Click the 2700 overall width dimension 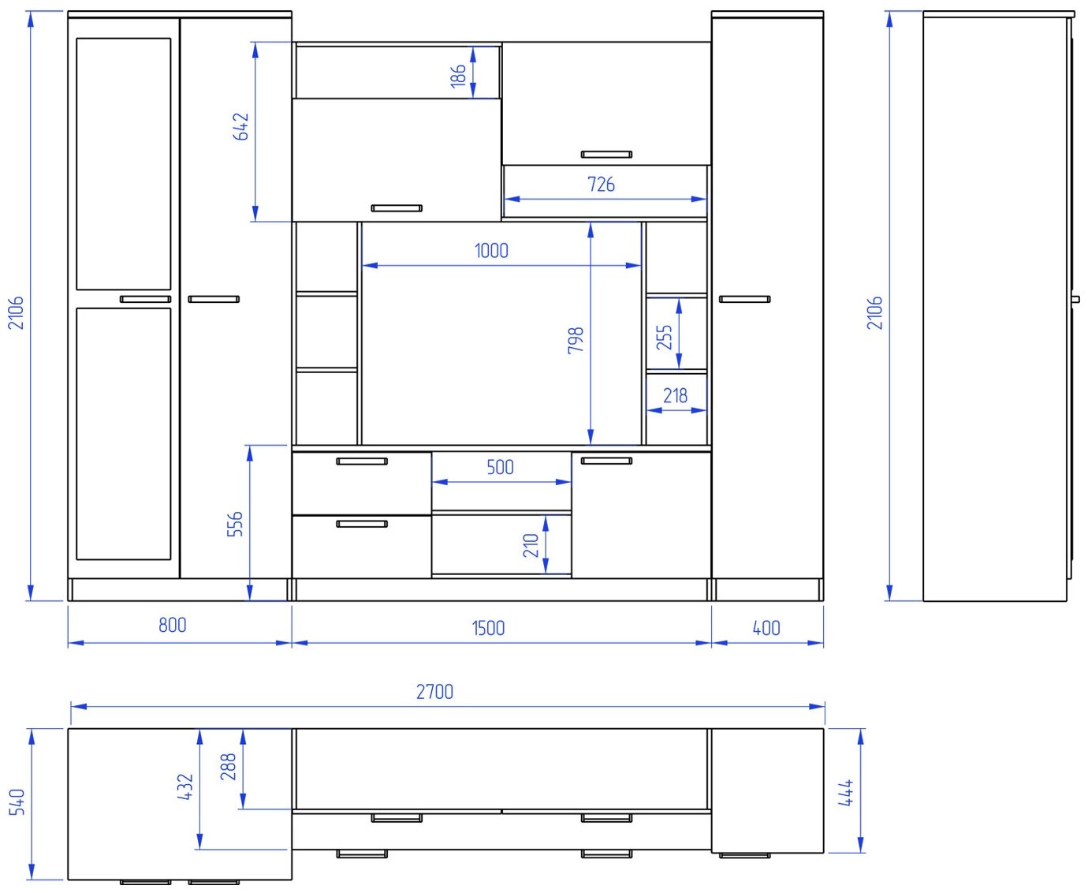pyautogui.click(x=434, y=692)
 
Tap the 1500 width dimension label pyautogui.click(x=488, y=628)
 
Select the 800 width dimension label pyautogui.click(x=173, y=625)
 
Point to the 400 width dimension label pyautogui.click(x=766, y=628)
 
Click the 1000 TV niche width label pyautogui.click(x=491, y=251)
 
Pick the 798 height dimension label pyautogui.click(x=576, y=340)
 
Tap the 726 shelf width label pyautogui.click(x=601, y=185)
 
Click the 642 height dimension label pyautogui.click(x=241, y=126)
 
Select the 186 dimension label pyautogui.click(x=458, y=76)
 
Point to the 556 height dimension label pyautogui.click(x=235, y=524)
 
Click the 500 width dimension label pyautogui.click(x=500, y=467)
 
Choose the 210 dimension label pyautogui.click(x=531, y=546)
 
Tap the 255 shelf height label pyautogui.click(x=664, y=337)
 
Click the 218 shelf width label pyautogui.click(x=675, y=396)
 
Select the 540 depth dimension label pyautogui.click(x=17, y=801)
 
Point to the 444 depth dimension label pyautogui.click(x=846, y=793)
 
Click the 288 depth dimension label pyautogui.click(x=228, y=767)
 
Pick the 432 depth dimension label pyautogui.click(x=184, y=787)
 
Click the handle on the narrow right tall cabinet pyautogui.click(x=744, y=300)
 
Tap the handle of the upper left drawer pyautogui.click(x=362, y=461)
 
